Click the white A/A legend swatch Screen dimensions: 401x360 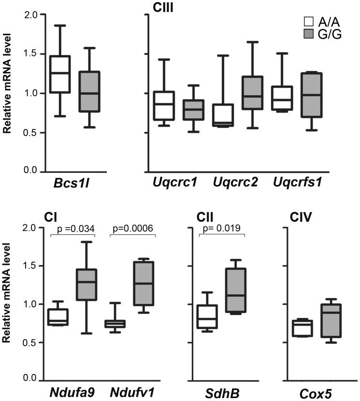[x=308, y=22]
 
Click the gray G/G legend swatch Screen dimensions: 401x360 [x=308, y=34]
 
